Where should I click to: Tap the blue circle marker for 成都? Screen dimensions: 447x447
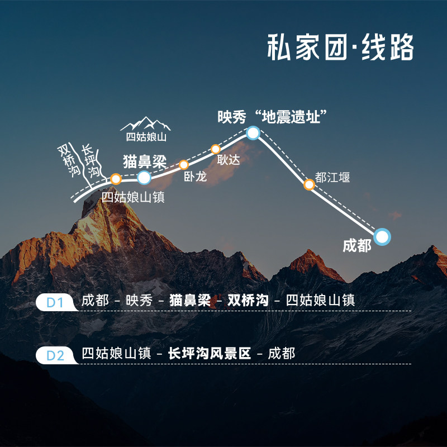[382, 237]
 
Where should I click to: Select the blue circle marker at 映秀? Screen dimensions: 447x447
[253, 132]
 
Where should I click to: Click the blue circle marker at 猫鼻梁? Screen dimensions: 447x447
[144, 178]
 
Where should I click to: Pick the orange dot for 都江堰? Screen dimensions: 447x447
[309, 184]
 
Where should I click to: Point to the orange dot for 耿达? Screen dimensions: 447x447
[216, 149]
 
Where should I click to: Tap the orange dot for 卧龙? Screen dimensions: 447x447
[184, 164]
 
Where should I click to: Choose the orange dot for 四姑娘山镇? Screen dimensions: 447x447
[116, 179]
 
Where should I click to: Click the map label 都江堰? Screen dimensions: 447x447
[332, 178]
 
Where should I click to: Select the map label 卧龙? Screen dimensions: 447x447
[195, 177]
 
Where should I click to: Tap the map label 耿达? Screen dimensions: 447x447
[228, 160]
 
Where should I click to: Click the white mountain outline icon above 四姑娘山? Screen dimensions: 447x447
[145, 123]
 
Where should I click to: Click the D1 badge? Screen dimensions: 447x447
[56, 302]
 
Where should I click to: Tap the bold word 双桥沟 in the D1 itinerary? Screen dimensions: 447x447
[244, 301]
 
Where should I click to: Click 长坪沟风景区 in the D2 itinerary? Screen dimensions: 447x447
[210, 354]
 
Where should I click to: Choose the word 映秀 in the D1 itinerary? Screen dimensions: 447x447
[139, 301]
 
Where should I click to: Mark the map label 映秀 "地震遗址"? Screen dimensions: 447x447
[272, 117]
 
